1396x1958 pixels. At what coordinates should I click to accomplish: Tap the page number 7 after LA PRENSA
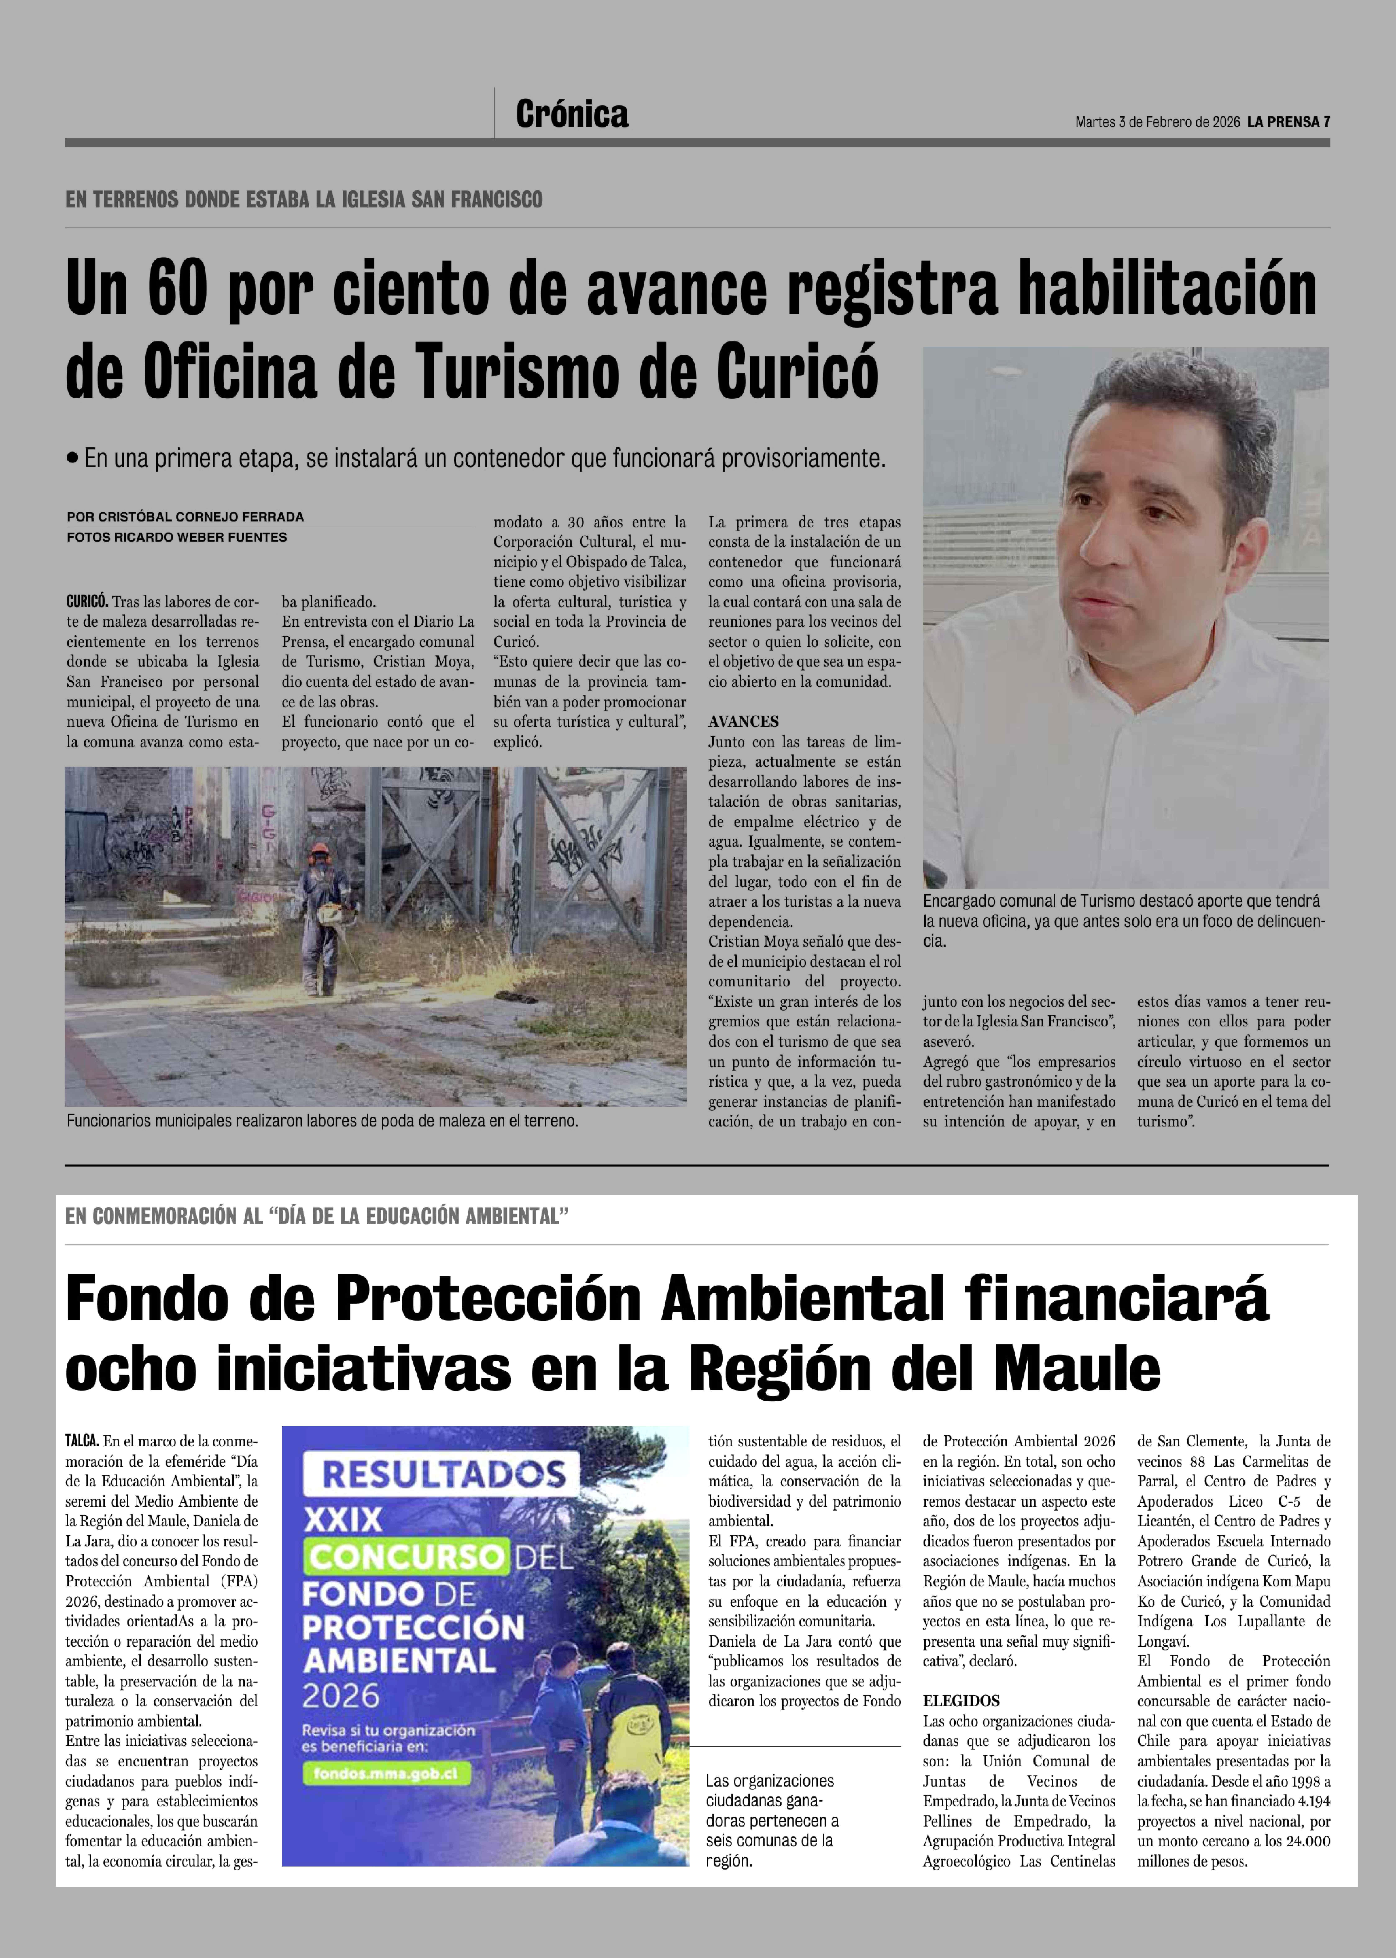(1326, 122)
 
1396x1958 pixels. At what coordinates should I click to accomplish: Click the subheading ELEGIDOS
(961, 1700)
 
